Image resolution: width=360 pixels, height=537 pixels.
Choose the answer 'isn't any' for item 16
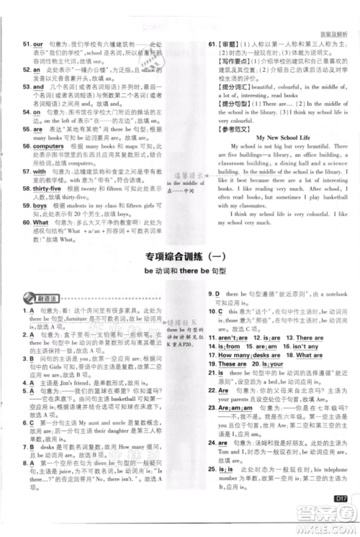303,346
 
